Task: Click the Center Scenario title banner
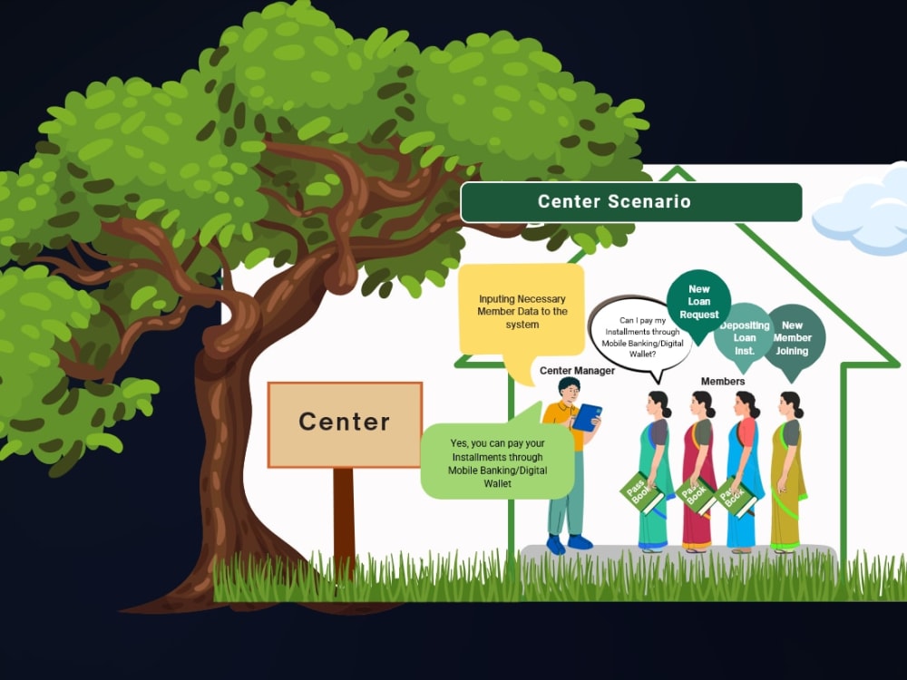tap(631, 202)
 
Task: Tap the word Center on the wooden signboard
tap(344, 422)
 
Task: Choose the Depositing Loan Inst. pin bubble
tap(744, 338)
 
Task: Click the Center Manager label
tap(577, 371)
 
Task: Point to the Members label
tap(723, 382)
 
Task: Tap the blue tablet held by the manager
tap(587, 417)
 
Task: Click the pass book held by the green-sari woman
tap(641, 493)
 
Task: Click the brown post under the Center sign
tap(344, 520)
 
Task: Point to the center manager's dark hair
tap(570, 385)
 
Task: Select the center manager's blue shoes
tap(570, 544)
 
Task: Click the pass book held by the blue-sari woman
tap(736, 496)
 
